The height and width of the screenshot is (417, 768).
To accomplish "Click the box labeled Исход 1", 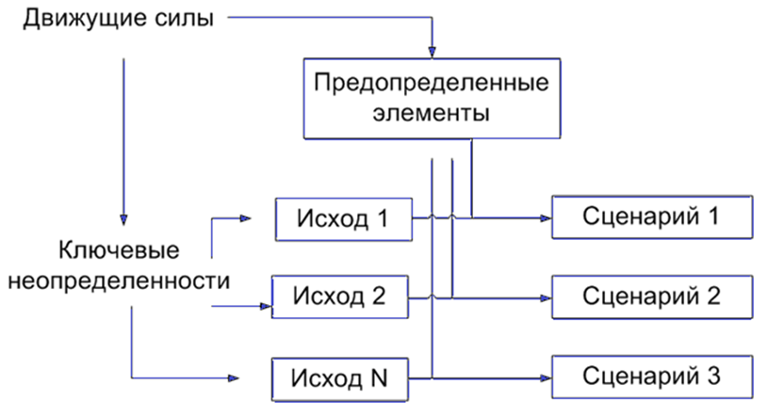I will coord(343,218).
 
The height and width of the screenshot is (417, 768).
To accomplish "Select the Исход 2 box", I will coord(341,297).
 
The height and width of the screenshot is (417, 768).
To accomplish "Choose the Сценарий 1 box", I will coord(651,218).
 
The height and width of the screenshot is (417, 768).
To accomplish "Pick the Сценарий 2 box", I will coord(651,297).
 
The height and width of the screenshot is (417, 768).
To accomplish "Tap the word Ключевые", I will coord(119,251).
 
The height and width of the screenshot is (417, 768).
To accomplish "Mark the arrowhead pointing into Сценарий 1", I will coord(545,218).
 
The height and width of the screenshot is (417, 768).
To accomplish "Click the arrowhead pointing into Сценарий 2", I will coord(545,297).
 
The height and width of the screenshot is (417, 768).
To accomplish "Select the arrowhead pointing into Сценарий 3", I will coord(545,378).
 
